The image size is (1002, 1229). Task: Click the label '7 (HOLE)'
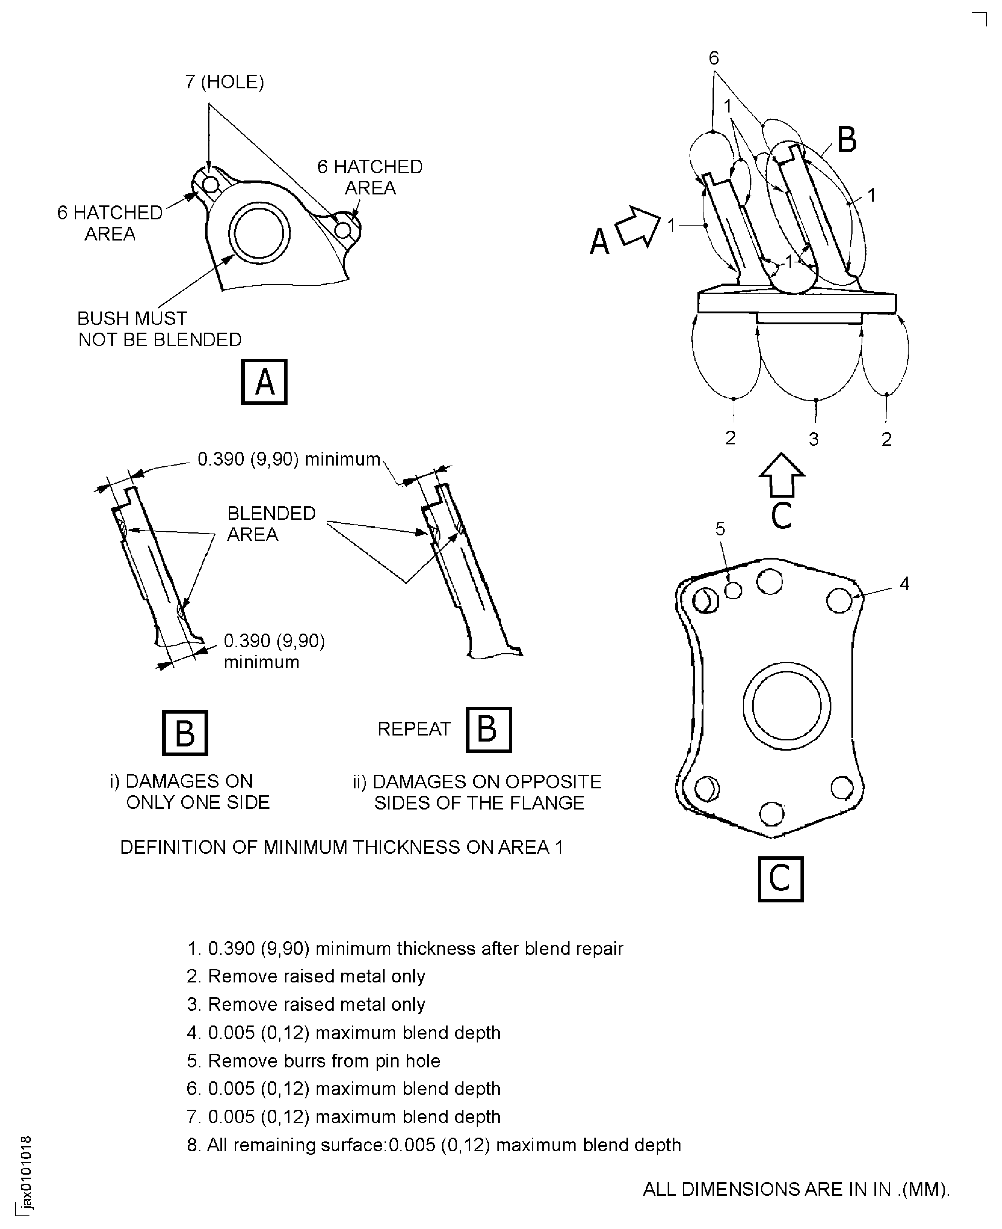225,82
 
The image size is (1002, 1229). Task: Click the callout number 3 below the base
813,439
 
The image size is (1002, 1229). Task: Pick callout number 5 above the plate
720,529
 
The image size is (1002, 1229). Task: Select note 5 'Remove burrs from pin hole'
313,1061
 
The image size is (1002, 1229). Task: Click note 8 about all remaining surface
434,1145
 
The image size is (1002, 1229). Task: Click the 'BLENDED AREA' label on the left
271,524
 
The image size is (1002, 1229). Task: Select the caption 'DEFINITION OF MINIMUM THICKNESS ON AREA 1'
341,847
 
